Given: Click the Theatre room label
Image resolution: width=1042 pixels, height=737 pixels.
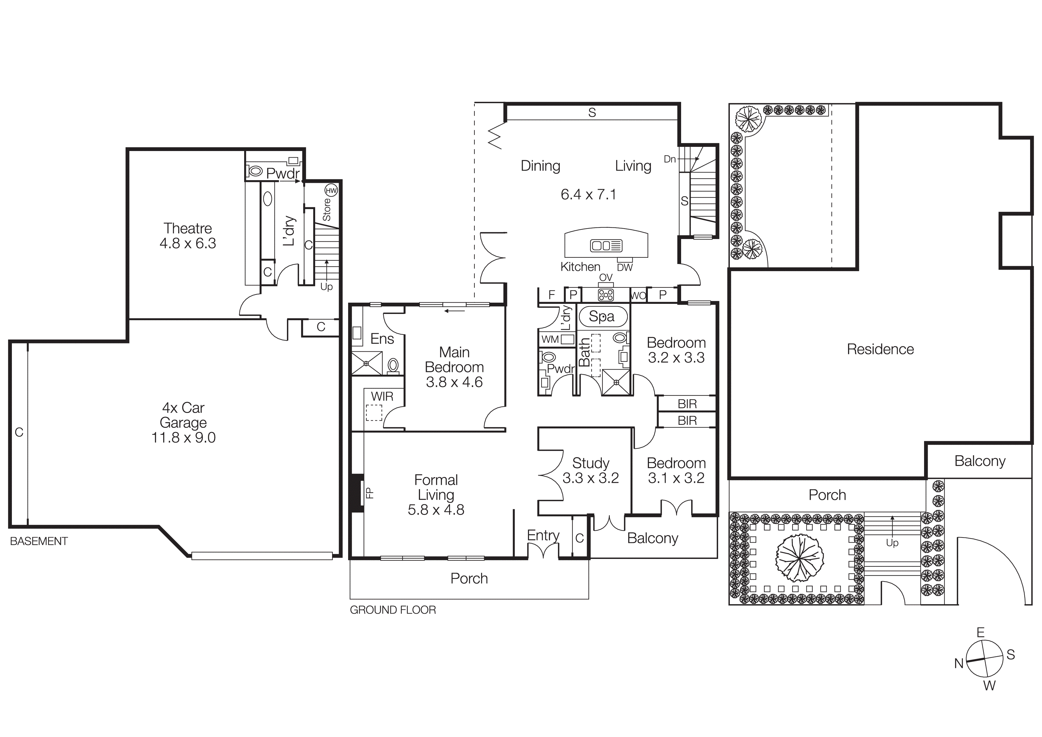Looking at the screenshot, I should tap(187, 228).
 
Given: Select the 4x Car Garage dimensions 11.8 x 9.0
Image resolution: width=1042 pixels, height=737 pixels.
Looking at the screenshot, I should tap(183, 438).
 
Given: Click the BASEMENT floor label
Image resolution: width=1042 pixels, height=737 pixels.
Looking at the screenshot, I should tap(39, 541).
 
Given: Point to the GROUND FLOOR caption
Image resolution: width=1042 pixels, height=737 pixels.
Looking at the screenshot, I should tap(393, 610).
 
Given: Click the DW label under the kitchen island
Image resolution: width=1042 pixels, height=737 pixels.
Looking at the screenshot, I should tap(624, 268).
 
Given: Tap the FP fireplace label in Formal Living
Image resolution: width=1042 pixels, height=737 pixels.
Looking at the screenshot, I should tap(370, 493).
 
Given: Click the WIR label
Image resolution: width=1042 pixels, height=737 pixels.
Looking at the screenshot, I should tap(382, 396).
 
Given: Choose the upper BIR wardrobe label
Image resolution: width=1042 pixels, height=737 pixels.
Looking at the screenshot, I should tap(687, 404).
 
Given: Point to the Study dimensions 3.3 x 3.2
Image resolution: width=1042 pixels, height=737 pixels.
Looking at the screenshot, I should tap(591, 478).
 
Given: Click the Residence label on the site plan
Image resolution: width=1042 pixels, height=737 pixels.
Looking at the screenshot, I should tap(880, 349).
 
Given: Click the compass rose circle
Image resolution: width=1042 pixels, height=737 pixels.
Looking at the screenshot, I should tap(984, 659).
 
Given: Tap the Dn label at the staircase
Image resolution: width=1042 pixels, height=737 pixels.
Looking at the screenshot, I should tap(670, 159).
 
